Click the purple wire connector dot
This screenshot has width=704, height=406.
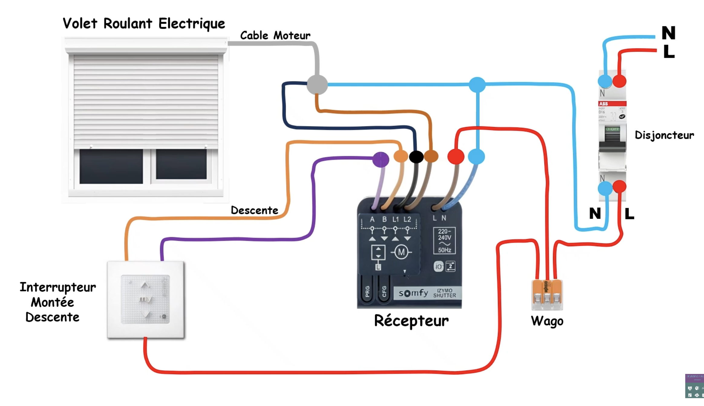381,159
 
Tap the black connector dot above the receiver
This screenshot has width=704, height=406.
416,157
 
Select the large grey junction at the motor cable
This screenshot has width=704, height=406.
317,85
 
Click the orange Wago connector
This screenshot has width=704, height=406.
547,295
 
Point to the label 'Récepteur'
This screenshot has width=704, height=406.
411,321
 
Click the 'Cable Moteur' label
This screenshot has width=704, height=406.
275,36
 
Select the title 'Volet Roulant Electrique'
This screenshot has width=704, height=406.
144,24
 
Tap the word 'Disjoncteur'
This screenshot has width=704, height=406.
664,135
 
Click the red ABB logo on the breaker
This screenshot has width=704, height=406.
604,104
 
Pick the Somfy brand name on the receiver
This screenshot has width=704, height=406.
413,293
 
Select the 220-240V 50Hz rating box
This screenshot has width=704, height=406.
444,241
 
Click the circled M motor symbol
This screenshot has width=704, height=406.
401,252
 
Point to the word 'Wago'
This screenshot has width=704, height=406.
547,321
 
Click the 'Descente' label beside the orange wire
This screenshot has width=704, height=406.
254,210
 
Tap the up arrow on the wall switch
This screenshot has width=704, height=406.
145,285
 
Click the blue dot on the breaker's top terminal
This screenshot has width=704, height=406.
605,81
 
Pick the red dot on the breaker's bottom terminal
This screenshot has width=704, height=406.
619,187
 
